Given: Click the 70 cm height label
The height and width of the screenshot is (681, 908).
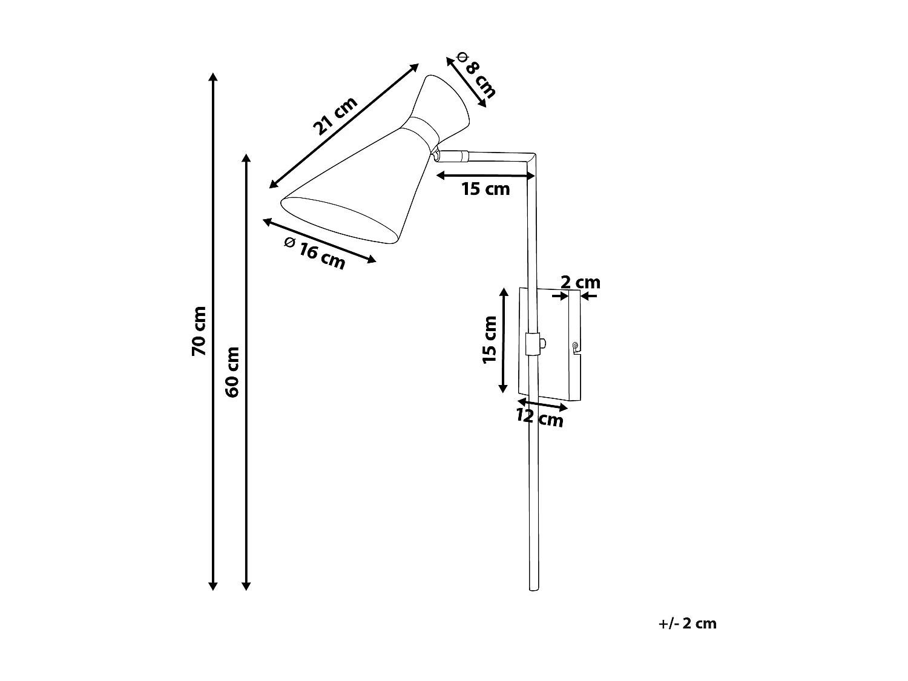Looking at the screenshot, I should coord(199,331).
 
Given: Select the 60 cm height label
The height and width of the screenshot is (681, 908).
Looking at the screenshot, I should coord(232,371).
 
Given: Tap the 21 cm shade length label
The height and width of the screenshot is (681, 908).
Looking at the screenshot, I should coord(335,116).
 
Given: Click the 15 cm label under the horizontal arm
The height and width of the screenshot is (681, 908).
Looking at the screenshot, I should coord(485,189).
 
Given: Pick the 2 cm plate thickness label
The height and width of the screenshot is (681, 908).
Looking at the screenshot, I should coord(580,282).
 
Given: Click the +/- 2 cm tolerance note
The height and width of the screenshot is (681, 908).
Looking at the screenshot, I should coord(687,624).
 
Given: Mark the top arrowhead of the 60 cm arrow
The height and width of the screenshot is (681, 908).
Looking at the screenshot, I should coord(246,158).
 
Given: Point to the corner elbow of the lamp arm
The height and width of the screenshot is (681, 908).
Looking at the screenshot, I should coord(531,157).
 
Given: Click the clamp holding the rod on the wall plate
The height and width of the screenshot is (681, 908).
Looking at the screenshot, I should coord(533,343).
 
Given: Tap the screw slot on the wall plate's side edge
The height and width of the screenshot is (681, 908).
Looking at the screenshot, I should coord(574,347).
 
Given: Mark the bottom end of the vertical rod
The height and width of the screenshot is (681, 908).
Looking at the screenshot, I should coord(533,587).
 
